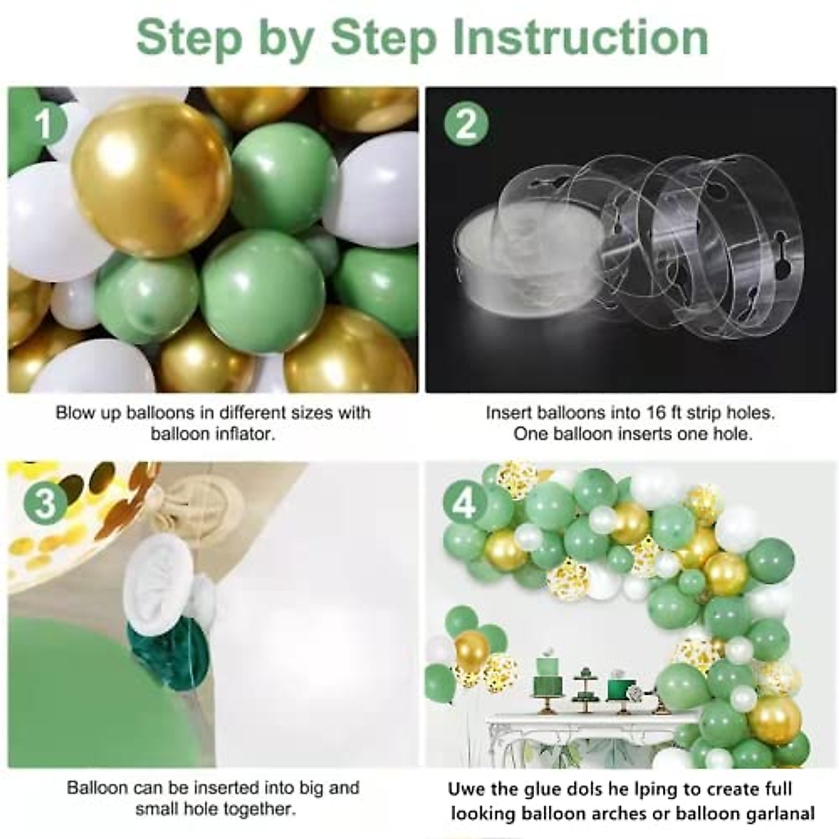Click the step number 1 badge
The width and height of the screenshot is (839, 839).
pos(44,125)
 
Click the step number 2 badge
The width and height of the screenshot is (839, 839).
pos(466,125)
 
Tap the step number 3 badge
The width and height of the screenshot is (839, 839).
pos(45,503)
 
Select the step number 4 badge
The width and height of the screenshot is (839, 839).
pos(465,503)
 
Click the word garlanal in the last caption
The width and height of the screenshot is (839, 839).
pos(780,814)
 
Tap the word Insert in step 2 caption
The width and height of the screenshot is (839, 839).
pos(510,413)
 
